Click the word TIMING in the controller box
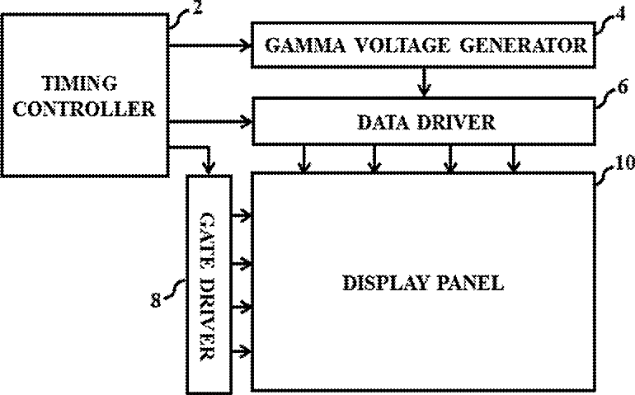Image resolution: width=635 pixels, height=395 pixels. [80, 83]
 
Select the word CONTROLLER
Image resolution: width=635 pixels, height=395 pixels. [84, 109]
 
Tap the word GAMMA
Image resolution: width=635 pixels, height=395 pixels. [305, 45]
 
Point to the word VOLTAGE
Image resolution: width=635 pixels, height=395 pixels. [402, 45]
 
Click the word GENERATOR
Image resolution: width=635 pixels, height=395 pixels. [523, 45]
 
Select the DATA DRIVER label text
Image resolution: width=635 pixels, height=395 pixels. [426, 122]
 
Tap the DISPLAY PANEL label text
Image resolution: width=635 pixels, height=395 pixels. [423, 282]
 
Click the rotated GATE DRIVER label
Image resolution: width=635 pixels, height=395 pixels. [209, 286]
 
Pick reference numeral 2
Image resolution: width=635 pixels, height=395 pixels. [198, 7]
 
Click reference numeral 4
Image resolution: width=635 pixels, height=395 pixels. [621, 15]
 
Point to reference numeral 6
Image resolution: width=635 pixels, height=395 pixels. [623, 87]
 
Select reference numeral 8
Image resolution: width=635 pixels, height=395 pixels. [156, 301]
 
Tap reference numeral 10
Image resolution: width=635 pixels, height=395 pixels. [624, 162]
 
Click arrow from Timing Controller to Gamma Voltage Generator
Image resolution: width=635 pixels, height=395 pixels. [210, 45]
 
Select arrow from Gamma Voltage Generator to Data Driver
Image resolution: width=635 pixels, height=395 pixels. [424, 82]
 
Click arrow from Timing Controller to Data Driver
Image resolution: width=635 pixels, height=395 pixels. [210, 121]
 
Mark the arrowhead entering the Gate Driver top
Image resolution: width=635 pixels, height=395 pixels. [209, 167]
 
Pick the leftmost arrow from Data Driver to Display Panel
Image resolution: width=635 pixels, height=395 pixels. [304, 158]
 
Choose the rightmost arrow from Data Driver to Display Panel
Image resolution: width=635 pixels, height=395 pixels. [514, 158]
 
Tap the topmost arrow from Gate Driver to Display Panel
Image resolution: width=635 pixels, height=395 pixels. [242, 215]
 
